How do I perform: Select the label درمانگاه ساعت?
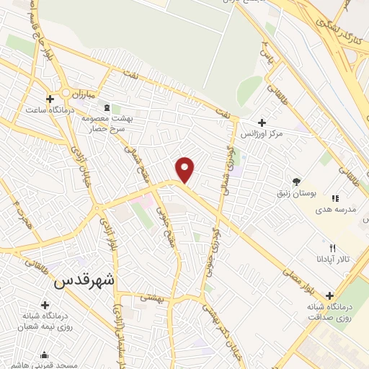point(50,110)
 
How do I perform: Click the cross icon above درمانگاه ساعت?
point(50,99)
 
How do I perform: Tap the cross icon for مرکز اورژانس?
point(262,123)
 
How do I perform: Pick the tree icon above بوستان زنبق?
point(296,181)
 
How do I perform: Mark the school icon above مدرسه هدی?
point(334,198)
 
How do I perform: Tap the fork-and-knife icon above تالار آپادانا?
point(332,247)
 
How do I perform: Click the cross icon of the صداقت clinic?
point(330,295)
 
